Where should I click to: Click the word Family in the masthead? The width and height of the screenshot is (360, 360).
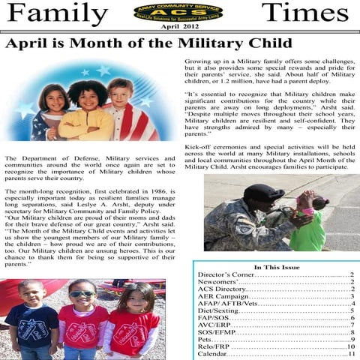click(57, 13)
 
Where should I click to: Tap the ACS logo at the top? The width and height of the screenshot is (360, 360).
click(178, 12)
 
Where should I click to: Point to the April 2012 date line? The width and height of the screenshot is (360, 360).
click(178, 28)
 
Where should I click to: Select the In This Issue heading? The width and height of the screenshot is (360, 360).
click(278, 268)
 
